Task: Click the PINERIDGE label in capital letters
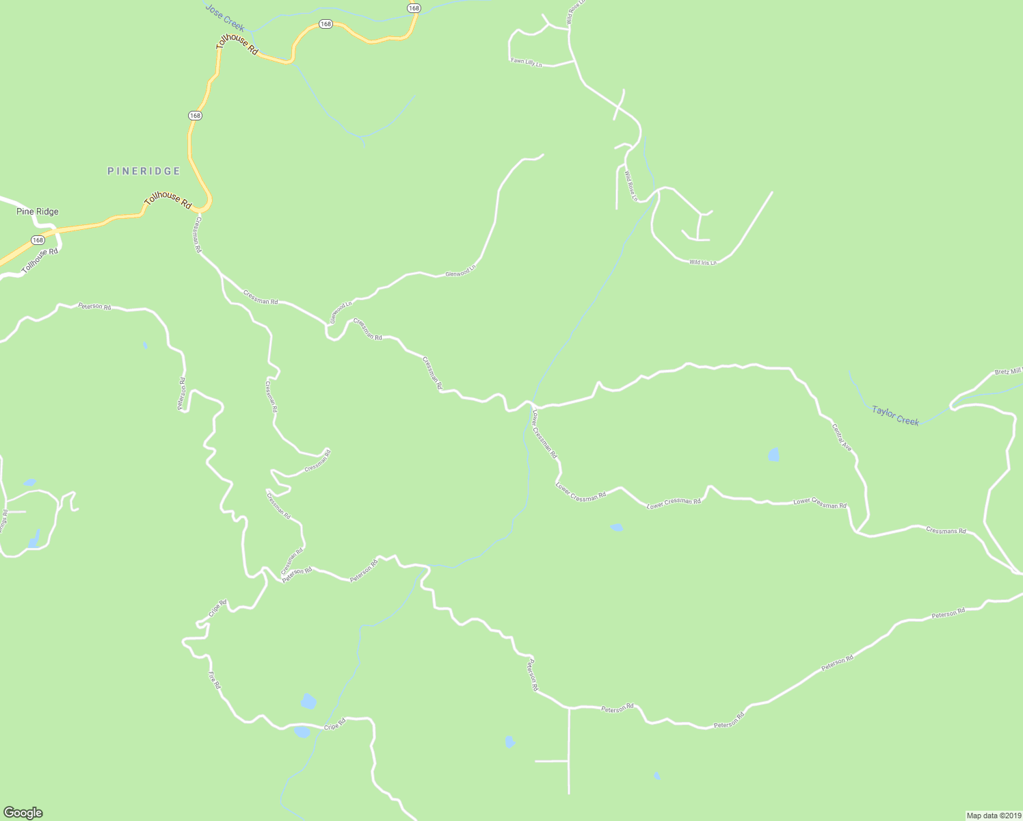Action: (x=144, y=171)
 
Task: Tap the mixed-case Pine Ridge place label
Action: (x=38, y=212)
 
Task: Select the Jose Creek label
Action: (x=225, y=16)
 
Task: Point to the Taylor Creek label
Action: (x=895, y=415)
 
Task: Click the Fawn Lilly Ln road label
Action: (x=526, y=62)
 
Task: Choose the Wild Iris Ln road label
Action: (x=702, y=263)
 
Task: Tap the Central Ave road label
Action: (x=842, y=437)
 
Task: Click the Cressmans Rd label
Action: (x=946, y=530)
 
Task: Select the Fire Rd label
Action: (x=214, y=680)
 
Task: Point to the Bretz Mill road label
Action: (x=1008, y=372)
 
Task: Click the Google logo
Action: (x=23, y=813)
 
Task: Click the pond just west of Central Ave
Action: (x=773, y=455)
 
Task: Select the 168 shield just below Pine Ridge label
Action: (x=38, y=240)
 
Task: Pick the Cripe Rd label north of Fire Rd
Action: (x=217, y=608)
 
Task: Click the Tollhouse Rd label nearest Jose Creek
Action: (x=237, y=44)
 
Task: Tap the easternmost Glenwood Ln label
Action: (x=460, y=272)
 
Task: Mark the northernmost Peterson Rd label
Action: (x=94, y=307)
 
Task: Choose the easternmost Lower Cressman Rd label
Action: (x=819, y=504)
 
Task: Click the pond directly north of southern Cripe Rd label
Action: (x=308, y=701)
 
